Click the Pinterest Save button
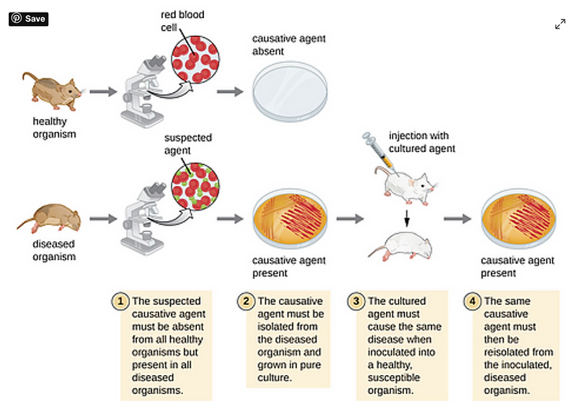coord(29,18)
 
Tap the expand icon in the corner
coord(560,24)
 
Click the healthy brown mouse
coord(54,89)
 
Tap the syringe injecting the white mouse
coord(377,152)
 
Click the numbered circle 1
coord(121,302)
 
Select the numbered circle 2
coord(247,302)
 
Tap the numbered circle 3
coord(357,302)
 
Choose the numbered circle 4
coord(473,302)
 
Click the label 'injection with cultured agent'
coord(422,142)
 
